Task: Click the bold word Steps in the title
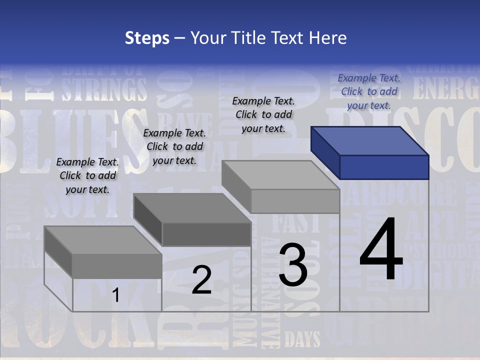147,38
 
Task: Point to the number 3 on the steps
293,265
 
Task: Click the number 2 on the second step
202,280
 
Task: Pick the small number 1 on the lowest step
116,295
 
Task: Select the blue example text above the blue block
369,91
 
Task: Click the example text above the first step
87,175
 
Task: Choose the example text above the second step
174,146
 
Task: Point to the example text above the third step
263,114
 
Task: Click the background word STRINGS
104,89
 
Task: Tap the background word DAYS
302,340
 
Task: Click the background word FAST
295,223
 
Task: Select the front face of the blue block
384,167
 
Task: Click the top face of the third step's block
280,175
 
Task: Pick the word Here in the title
328,38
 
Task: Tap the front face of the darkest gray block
206,234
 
